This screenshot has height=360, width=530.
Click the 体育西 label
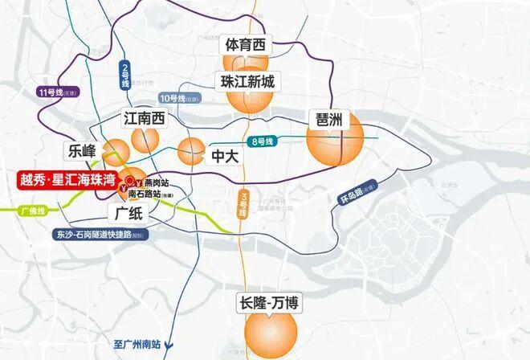[246, 46]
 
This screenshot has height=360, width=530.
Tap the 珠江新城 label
[249, 80]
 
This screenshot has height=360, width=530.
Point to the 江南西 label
[145, 119]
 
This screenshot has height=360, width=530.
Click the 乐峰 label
[82, 150]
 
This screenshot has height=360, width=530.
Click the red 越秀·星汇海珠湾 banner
[68, 179]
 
